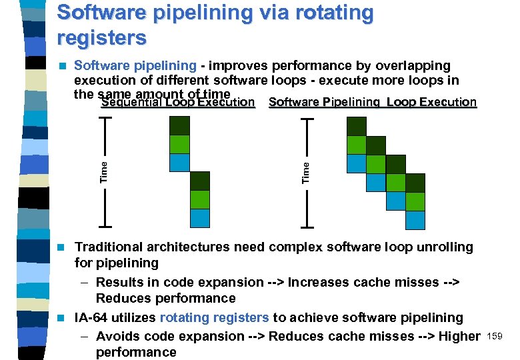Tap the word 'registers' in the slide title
101,38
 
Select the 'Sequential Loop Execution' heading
178,103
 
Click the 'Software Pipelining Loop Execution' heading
372,103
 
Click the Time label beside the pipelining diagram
306,172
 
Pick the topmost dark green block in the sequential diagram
179,126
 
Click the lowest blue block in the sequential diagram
199,218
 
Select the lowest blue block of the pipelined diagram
415,220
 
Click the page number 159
495,336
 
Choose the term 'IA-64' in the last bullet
91,318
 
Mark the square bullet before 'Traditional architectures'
62,247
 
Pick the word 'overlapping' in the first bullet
413,66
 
